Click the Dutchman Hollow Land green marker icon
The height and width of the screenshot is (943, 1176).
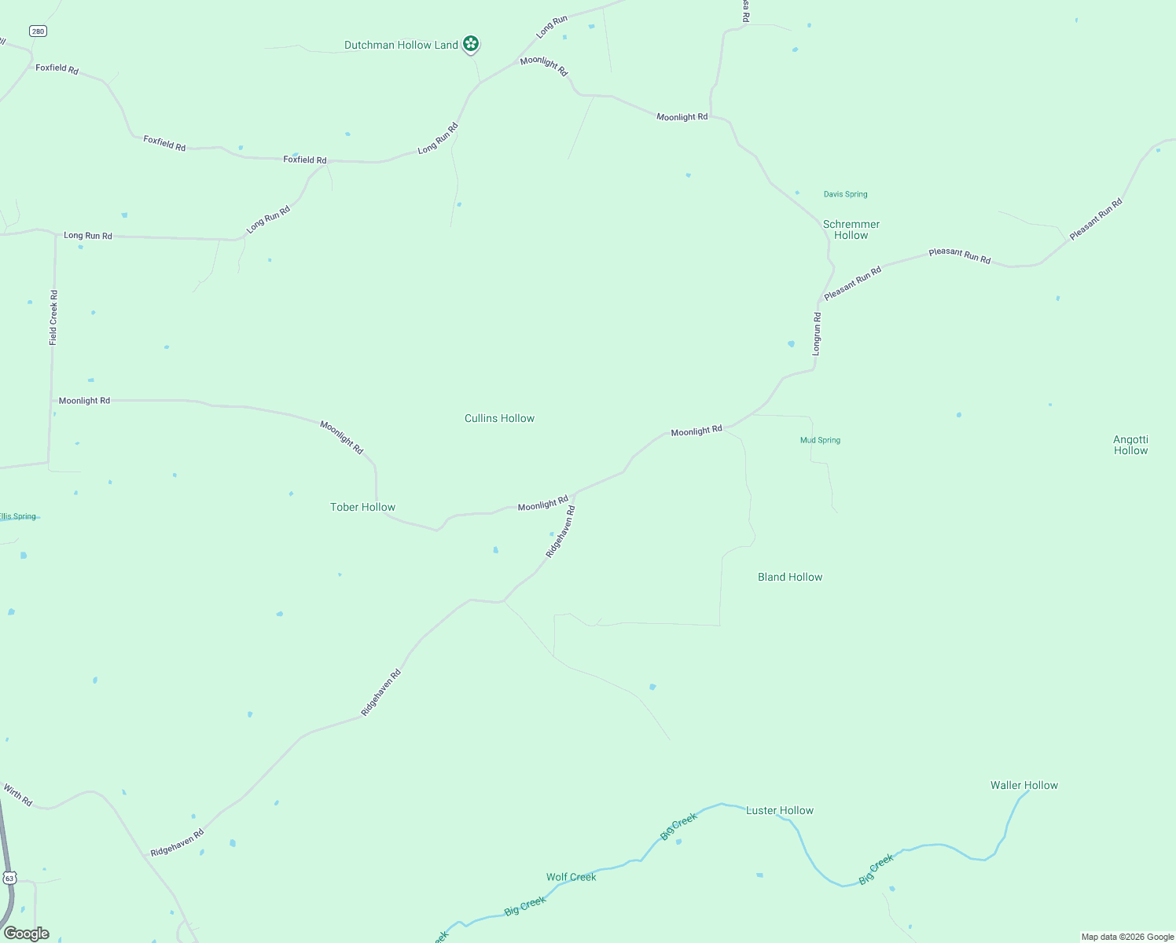point(471,44)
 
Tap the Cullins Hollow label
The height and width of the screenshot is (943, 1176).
point(499,418)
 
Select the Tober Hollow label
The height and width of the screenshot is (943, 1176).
point(362,507)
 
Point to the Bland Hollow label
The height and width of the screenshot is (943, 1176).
point(790,577)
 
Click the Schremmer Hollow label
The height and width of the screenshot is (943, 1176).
point(851,229)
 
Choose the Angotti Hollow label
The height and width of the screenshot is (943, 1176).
point(1130,445)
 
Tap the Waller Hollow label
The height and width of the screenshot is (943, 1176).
point(1023,785)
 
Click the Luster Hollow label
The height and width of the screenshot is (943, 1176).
point(779,810)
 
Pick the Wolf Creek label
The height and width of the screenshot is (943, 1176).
point(571,877)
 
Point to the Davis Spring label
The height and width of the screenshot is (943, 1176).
point(845,194)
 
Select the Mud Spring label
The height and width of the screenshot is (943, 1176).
point(820,440)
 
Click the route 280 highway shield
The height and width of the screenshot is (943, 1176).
point(39,31)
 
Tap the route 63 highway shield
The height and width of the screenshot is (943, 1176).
point(9,877)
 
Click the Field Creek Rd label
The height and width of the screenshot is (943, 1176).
point(53,317)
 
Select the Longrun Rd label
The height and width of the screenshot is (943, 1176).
point(817,334)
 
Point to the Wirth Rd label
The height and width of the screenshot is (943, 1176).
point(17,794)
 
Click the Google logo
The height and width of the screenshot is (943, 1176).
point(26,934)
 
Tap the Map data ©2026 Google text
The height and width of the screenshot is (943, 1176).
point(1126,937)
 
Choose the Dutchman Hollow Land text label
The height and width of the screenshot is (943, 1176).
point(401,45)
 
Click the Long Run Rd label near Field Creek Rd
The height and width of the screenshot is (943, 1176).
point(88,236)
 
